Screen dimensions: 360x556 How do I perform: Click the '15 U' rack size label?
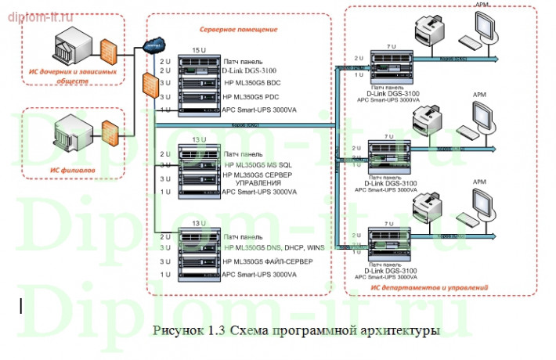(197, 50)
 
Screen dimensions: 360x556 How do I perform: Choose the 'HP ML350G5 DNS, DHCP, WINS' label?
(273, 247)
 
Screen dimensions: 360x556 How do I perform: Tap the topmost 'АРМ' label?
(478, 5)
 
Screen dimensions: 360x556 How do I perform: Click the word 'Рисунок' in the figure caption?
(175, 330)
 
